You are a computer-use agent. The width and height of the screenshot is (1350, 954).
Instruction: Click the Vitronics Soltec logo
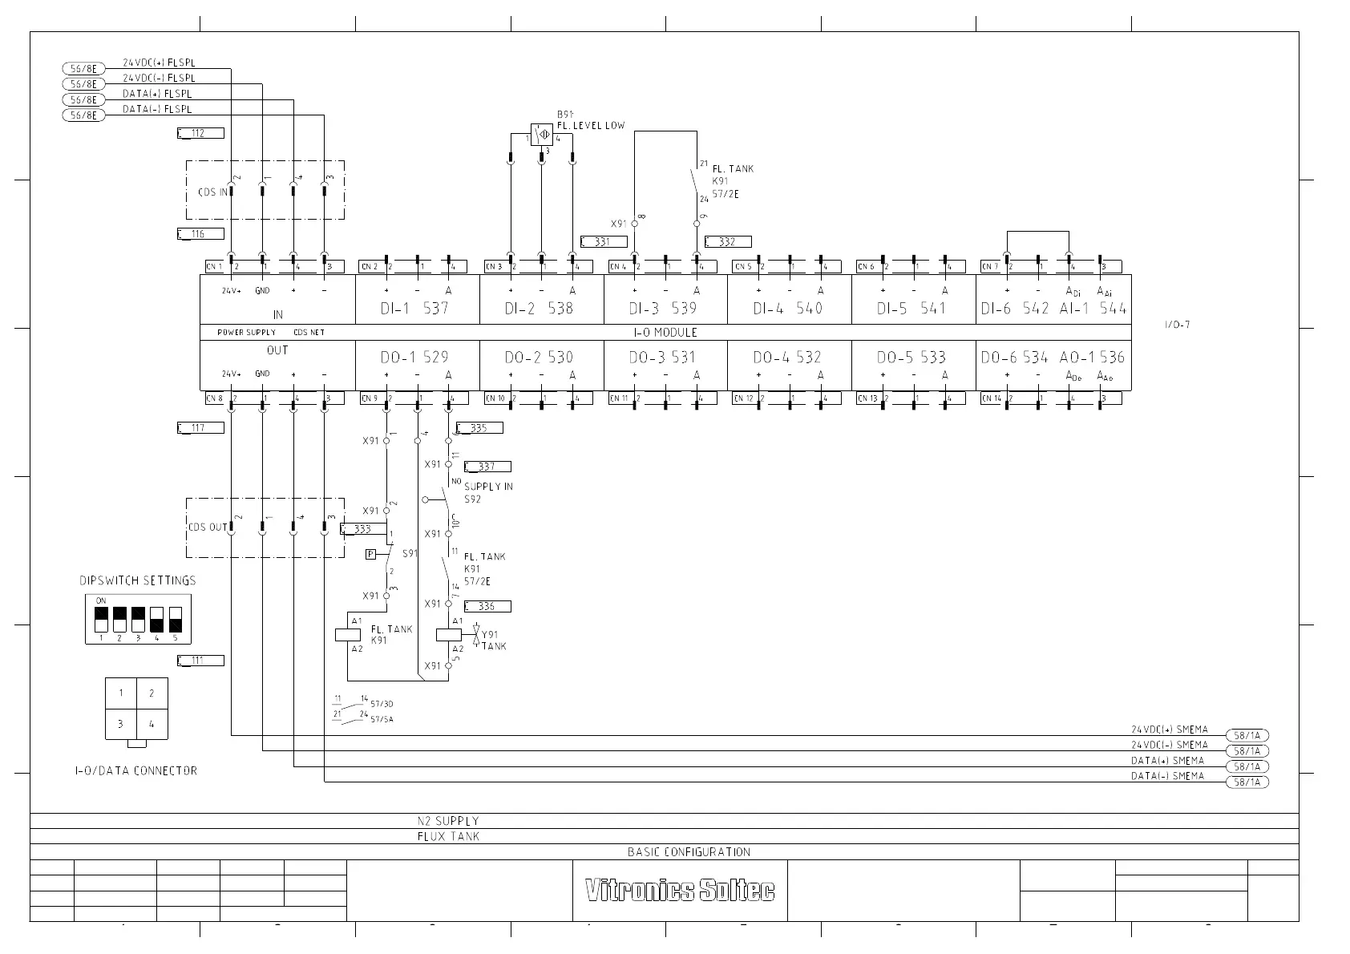coord(680,890)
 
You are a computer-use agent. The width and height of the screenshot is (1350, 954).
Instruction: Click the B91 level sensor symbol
coord(541,134)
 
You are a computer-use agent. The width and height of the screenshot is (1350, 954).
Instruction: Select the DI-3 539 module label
coord(662,308)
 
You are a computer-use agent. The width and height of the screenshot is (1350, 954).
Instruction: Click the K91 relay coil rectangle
coord(347,635)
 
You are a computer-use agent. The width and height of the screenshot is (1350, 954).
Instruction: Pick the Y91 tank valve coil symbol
coord(449,635)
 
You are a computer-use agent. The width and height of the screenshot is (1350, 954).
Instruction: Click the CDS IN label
coord(212,192)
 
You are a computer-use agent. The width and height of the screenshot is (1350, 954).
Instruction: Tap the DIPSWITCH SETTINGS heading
coord(137,580)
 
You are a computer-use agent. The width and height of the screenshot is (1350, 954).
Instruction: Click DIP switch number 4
coord(157,620)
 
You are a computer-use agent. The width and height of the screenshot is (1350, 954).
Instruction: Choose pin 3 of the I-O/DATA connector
coord(121,724)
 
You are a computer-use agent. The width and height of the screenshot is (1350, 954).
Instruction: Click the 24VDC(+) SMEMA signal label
coord(1169,730)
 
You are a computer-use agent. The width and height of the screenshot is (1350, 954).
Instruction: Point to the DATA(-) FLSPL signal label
coord(157,109)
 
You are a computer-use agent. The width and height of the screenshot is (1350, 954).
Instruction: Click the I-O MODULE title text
coord(665,332)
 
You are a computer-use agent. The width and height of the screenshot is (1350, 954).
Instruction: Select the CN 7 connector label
coord(989,267)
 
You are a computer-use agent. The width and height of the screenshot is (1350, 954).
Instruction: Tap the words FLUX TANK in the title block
coord(448,836)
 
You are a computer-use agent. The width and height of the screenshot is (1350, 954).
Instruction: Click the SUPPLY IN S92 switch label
coord(487,492)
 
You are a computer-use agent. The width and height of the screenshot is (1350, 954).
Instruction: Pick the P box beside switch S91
coord(370,554)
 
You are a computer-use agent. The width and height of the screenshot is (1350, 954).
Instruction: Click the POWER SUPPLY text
coord(246,332)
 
